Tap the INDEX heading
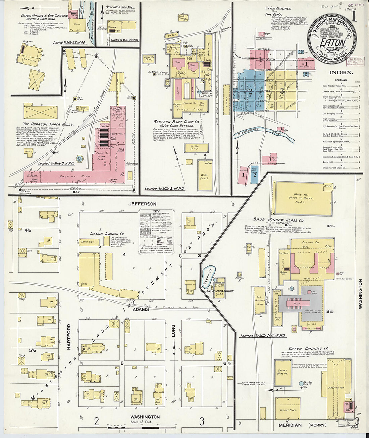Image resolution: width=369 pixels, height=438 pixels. tap(341, 72)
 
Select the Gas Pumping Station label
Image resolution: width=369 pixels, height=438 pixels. tap(220, 291)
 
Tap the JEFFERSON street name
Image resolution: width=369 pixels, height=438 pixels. tap(143, 204)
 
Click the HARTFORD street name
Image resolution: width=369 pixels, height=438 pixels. tap(69, 337)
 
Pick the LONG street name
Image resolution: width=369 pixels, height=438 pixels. tap(173, 331)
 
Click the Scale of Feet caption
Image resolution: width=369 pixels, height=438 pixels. tap(141, 422)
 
